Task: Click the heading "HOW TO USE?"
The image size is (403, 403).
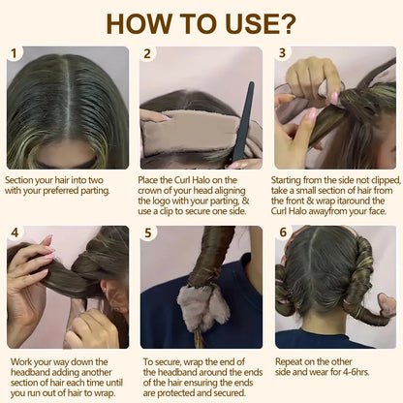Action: pos(201,21)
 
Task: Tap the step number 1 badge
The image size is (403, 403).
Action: pos(15,54)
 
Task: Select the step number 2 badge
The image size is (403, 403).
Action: pos(148,54)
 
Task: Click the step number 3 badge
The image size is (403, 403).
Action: pos(283,54)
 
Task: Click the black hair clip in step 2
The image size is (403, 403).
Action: pos(241,122)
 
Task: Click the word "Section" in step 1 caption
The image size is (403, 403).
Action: pos(20,180)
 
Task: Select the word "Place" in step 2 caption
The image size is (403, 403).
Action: pos(152,180)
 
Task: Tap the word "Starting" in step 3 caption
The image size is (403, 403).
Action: pos(293,180)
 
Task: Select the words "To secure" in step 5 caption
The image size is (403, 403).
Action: pos(160,360)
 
